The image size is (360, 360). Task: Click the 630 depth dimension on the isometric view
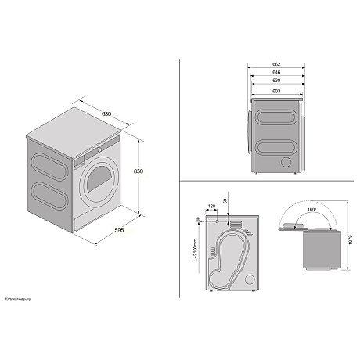106,114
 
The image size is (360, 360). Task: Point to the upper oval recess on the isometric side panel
48,162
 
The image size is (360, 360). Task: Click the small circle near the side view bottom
286,161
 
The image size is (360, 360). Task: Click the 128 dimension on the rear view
211,206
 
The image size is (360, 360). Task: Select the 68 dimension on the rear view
227,203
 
